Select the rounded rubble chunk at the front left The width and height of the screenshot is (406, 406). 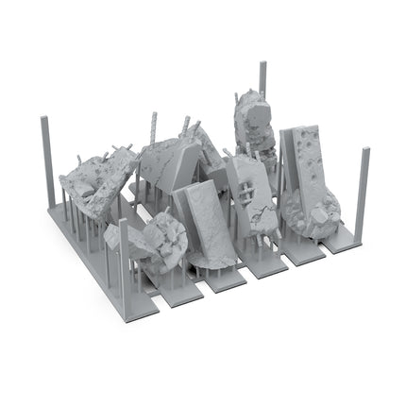pos(161,241)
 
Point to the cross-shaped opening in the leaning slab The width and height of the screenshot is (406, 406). pos(247,189)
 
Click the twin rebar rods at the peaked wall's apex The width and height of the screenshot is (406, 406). pos(194,127)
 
